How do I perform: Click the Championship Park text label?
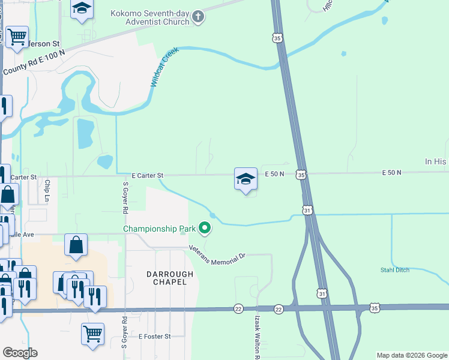pyautogui.click(x=160, y=229)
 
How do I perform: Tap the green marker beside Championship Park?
pyautogui.click(x=205, y=228)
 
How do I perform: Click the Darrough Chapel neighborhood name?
pyautogui.click(x=170, y=278)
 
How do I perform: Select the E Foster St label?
pyautogui.click(x=155, y=337)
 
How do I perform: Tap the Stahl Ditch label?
pyautogui.click(x=394, y=270)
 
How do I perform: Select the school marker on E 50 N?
pyautogui.click(x=246, y=179)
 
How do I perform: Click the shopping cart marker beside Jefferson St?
pyautogui.click(x=17, y=35)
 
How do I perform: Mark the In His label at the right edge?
pyautogui.click(x=436, y=161)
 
